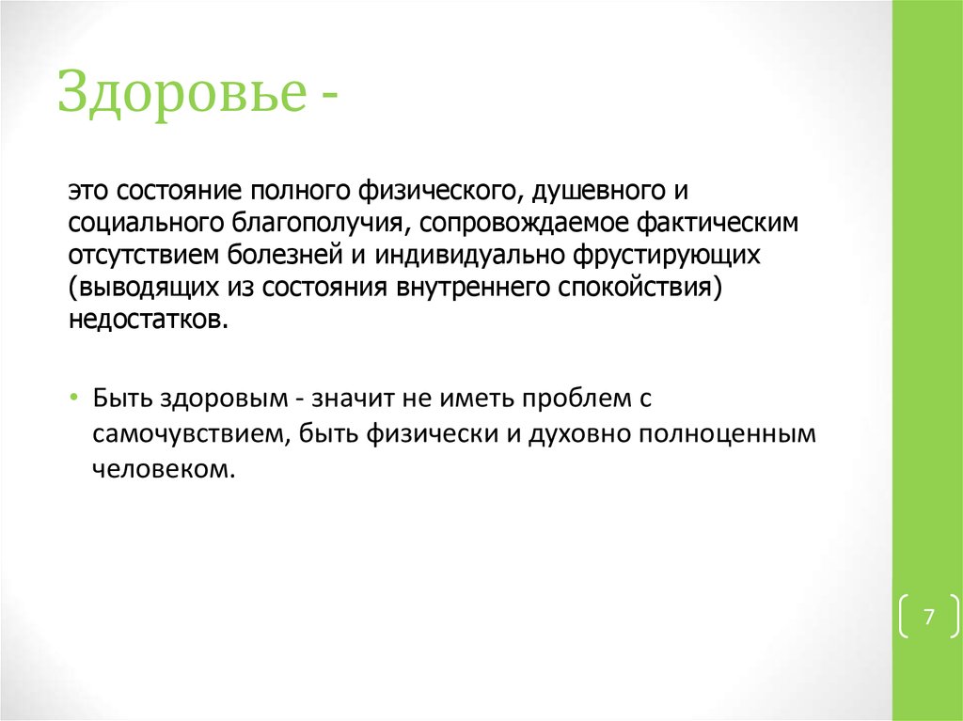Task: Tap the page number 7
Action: point(929,618)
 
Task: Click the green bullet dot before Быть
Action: point(74,399)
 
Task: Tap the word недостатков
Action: point(147,320)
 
